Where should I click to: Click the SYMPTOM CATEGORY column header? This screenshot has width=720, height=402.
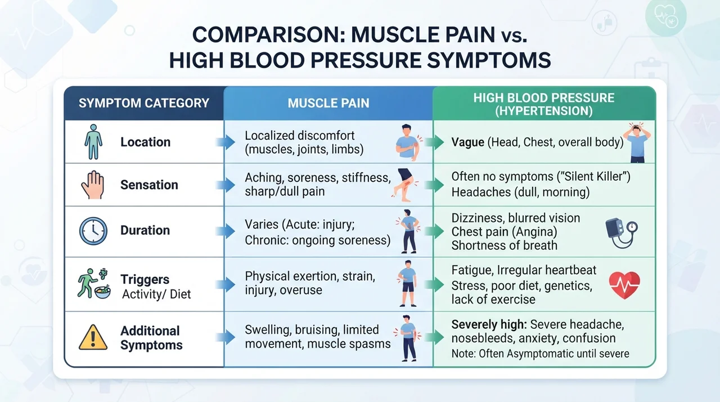point(143,103)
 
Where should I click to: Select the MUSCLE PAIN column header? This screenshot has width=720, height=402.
point(328,103)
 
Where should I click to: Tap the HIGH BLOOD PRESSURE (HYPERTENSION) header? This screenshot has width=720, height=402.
point(543,104)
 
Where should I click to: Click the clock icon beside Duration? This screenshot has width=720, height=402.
point(93,231)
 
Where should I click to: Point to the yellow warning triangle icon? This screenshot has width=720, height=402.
point(93,337)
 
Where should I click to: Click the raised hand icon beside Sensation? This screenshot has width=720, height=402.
point(93,185)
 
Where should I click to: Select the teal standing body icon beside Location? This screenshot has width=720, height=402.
point(93,142)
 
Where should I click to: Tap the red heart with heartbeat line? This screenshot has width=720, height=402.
point(624,285)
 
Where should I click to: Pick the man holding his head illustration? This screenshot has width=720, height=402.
point(637,142)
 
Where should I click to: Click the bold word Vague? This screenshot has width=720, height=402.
point(467,142)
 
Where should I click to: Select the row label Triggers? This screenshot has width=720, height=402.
point(145,279)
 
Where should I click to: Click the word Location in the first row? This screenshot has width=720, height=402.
point(145,142)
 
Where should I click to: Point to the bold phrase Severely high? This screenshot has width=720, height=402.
point(489,324)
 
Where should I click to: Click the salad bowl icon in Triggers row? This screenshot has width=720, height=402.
point(102,292)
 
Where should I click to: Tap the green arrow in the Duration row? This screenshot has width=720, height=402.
point(434,231)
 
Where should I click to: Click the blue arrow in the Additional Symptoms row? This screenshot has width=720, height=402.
point(226,337)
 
